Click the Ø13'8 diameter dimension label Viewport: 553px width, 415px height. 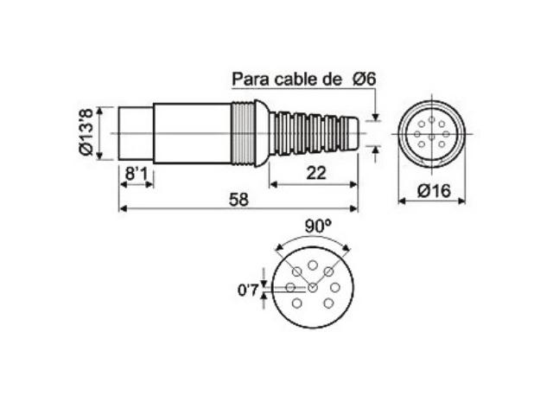86,132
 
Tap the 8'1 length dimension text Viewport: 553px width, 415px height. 137,174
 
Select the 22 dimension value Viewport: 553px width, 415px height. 315,173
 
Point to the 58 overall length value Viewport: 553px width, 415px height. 238,200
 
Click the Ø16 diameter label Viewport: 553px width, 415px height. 434,191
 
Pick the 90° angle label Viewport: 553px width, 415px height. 318,227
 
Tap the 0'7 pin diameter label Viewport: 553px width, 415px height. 248,290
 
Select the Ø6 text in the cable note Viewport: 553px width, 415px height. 365,79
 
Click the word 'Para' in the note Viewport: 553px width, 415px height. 251,79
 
